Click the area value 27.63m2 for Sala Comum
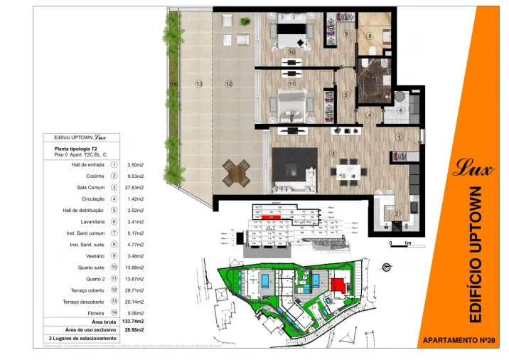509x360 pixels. click(135, 187)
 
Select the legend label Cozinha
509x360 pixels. click(95, 176)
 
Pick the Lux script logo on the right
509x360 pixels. click(466, 170)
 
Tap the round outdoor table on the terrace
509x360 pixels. click(236, 170)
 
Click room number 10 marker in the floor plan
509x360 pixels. click(292, 53)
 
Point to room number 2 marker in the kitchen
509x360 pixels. click(397, 212)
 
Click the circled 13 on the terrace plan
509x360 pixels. click(199, 84)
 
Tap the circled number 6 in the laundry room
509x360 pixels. click(400, 110)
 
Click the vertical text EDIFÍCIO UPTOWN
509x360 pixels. click(477, 253)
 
